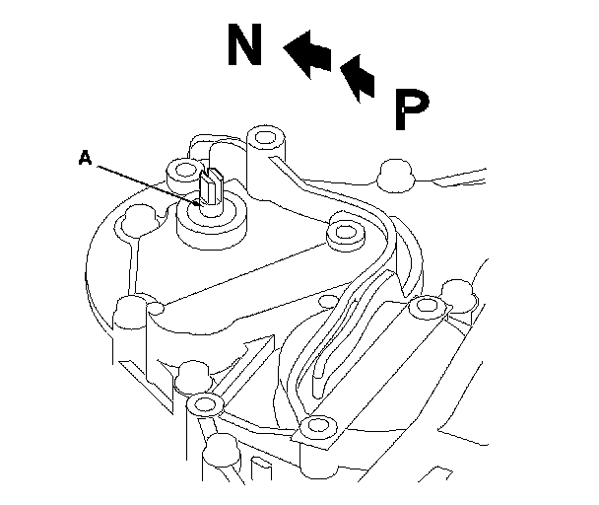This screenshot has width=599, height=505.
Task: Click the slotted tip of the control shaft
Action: tap(212, 184)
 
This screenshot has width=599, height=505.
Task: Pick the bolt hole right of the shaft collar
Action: tap(344, 235)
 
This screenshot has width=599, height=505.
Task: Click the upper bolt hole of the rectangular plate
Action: tap(425, 305)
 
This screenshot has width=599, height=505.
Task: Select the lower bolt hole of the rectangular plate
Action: tap(315, 427)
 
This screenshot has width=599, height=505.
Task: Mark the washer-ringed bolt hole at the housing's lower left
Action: tap(205, 403)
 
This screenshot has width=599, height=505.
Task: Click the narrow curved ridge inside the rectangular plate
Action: tap(325, 340)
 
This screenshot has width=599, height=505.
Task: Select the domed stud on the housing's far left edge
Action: tap(129, 313)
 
